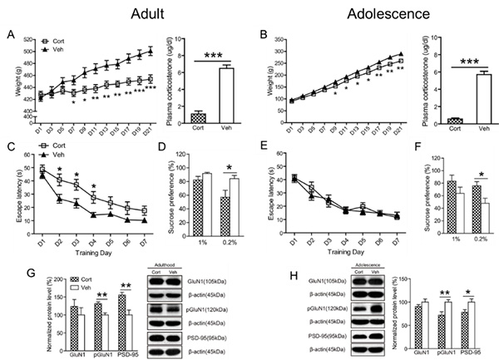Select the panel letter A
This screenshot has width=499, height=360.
click(x=10, y=36)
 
